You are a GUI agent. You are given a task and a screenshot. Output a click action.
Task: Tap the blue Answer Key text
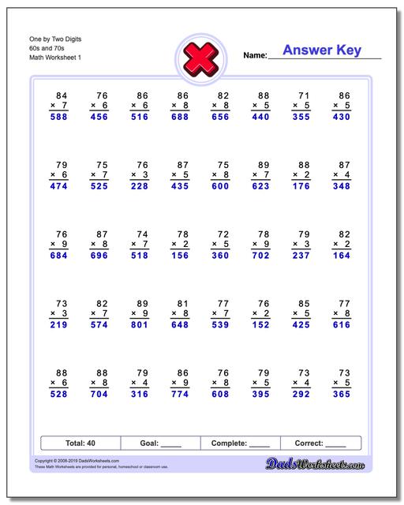point(321,50)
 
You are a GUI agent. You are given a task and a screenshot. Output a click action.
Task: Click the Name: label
point(255,56)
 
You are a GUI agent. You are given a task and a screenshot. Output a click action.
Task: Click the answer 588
point(59,117)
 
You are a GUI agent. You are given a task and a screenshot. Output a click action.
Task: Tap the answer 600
point(221,186)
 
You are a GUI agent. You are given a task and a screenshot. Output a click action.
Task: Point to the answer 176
point(301,186)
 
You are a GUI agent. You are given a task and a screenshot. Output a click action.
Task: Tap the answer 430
point(342,117)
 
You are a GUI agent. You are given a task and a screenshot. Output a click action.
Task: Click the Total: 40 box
point(80,443)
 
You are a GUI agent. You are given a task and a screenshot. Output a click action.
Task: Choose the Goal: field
point(160,443)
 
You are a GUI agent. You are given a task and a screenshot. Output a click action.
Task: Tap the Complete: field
point(241,443)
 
